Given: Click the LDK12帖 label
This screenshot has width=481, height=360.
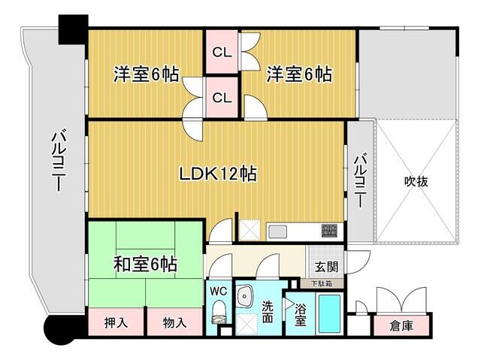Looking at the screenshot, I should [218, 174].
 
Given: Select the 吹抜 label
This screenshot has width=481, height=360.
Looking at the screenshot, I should [416, 182].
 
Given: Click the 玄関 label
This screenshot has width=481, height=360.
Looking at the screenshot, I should [326, 266].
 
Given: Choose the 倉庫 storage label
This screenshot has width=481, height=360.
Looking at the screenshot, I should [401, 326].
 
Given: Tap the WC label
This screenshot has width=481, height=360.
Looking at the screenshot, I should [219, 291].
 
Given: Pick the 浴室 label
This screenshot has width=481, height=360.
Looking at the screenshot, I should [300, 315].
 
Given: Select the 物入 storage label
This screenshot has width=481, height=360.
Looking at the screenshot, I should [174, 323].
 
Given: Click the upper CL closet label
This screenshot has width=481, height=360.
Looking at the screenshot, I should [222, 53].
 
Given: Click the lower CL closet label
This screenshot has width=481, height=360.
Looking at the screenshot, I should [222, 97].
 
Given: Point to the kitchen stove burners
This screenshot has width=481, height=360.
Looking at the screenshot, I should [329, 229].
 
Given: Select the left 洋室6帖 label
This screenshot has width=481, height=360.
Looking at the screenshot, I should [146, 74].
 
